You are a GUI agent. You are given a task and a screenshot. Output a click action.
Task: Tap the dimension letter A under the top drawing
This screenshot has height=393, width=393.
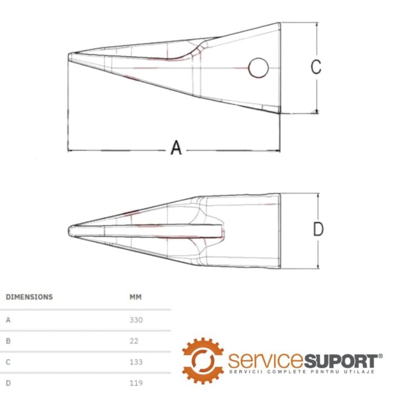pyautogui.click(x=176, y=147)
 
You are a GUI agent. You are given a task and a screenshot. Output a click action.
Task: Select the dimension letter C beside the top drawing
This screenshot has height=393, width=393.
pyautogui.click(x=316, y=67)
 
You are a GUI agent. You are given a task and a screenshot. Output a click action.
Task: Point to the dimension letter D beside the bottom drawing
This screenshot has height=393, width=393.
pyautogui.click(x=318, y=229)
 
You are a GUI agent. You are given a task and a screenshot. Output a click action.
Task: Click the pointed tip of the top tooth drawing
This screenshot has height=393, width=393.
pyautogui.click(x=68, y=57)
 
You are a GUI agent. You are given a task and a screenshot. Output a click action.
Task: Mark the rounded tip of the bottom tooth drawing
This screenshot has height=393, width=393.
pyautogui.click(x=69, y=231)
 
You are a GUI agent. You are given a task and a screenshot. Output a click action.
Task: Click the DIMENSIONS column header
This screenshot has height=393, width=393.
pyautogui.click(x=29, y=297)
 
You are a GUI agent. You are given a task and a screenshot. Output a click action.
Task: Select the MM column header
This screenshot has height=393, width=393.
pyautogui.click(x=136, y=297)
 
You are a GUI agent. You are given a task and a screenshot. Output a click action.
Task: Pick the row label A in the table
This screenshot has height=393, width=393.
pyautogui.click(x=8, y=320)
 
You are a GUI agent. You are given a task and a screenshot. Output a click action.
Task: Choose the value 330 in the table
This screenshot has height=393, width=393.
pyautogui.click(x=136, y=320)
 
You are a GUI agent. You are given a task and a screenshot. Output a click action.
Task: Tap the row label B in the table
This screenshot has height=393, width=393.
pyautogui.click(x=8, y=341)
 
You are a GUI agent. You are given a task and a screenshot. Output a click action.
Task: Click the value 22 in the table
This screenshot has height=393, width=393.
pyautogui.click(x=134, y=341)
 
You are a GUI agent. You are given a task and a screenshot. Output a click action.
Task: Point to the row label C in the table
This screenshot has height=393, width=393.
pyautogui.click(x=8, y=362)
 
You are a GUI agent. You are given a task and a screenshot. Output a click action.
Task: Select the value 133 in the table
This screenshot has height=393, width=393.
pyautogui.click(x=136, y=362)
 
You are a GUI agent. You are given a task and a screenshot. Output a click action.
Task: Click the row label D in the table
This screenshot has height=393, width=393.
pyautogui.click(x=8, y=383)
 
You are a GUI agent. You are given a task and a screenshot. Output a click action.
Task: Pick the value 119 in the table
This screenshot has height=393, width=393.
pyautogui.click(x=136, y=383)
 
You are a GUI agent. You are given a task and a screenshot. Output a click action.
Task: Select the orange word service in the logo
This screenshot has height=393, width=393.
pyautogui.click(x=266, y=360)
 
